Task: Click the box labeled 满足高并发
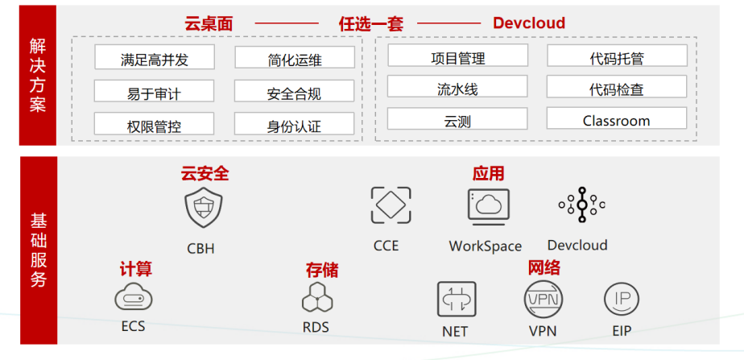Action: coord(155,58)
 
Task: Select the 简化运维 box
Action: coord(295,58)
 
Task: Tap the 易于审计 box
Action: coord(155,92)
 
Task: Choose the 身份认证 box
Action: coord(295,125)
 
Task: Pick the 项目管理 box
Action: coord(458,56)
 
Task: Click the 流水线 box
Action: coord(458,88)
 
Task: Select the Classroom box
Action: coord(616,120)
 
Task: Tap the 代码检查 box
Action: coord(616,88)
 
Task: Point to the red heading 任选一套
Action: coord(370,24)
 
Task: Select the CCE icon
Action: coord(391,205)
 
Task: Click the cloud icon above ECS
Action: coord(133,297)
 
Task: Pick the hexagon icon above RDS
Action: coord(316,298)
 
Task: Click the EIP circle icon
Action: coord(622,300)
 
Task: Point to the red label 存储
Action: coord(321,269)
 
